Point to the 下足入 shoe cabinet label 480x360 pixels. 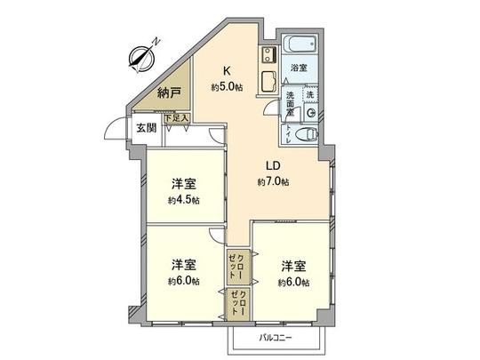click(174, 116)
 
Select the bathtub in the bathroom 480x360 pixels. click(295, 43)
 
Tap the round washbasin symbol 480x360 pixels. click(310, 113)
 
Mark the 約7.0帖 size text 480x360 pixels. click(274, 181)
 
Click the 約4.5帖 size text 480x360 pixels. click(184, 201)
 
